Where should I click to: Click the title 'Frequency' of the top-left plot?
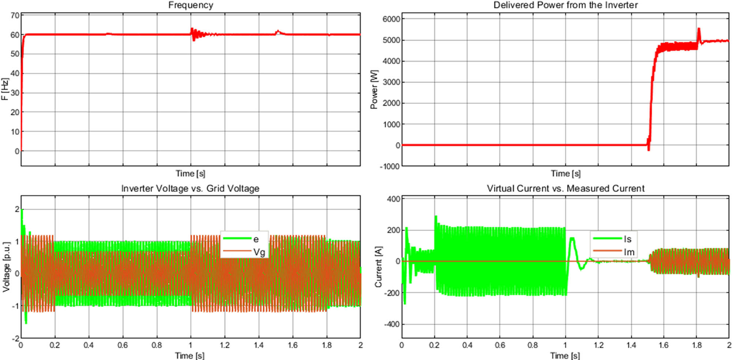(x=190, y=5)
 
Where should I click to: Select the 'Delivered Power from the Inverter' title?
(x=565, y=5)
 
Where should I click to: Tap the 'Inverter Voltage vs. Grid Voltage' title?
(x=190, y=188)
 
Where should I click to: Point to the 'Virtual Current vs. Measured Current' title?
(x=565, y=188)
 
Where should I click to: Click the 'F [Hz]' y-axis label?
(x=5, y=89)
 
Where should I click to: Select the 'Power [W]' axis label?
(x=374, y=89)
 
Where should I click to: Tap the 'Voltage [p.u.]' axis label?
(x=6, y=267)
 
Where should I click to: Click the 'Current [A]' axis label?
(x=378, y=267)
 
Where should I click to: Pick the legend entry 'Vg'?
(x=259, y=252)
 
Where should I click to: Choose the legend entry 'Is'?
(x=628, y=239)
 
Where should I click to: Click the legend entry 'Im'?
(x=629, y=252)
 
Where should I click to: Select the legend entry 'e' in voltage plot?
(x=256, y=239)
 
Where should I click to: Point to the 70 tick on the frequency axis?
(x=15, y=15)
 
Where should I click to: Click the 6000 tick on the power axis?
(x=391, y=19)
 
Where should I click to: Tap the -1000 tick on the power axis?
(x=390, y=166)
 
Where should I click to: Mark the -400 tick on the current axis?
(x=392, y=325)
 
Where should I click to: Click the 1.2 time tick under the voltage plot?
(x=224, y=345)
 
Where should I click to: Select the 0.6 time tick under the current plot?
(x=500, y=345)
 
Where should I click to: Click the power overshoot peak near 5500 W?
(x=699, y=29)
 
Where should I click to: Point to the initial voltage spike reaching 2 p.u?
(x=22, y=210)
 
